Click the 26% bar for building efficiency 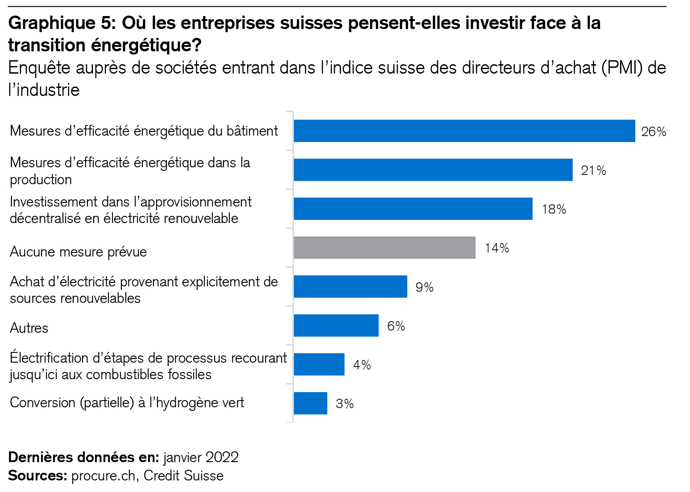(464, 131)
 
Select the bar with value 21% (433, 170)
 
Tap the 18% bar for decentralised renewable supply (413, 209)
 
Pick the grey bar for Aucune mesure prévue (384, 248)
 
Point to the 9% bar (350, 286)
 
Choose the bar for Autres (336, 326)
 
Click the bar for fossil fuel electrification (319, 364)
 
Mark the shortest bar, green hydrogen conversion (310, 403)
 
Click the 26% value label (653, 132)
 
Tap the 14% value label (497, 248)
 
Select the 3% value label (345, 404)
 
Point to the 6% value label (396, 326)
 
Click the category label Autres (29, 328)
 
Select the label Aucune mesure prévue (78, 252)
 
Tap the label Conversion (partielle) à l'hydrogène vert (127, 402)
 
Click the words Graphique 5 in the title (62, 23)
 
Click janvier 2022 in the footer (201, 457)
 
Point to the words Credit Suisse (183, 475)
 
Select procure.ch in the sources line (103, 475)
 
